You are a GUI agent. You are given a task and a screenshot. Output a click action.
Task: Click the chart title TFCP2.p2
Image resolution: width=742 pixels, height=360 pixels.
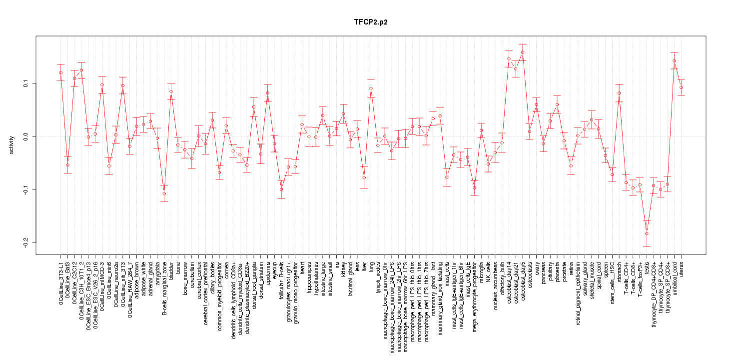(x=370, y=22)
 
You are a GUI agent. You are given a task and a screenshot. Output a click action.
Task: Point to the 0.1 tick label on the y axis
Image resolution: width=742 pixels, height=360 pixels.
(x=26, y=83)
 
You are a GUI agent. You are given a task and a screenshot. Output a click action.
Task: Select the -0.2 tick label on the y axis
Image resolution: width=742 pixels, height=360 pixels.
(x=26, y=242)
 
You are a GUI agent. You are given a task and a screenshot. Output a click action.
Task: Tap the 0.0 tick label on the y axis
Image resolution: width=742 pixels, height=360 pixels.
(x=26, y=136)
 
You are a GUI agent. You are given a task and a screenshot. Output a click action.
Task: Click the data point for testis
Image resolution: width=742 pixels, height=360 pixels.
(x=647, y=233)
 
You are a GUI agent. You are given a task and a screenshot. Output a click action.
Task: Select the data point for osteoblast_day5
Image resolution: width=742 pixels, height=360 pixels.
(x=523, y=52)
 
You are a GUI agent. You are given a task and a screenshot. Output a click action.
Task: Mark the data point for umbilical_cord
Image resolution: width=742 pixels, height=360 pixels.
(x=674, y=61)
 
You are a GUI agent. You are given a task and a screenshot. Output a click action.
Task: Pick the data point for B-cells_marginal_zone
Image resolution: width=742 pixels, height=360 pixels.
(x=164, y=193)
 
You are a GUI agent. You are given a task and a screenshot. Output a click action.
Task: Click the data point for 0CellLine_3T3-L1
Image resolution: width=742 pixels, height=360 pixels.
(x=60, y=72)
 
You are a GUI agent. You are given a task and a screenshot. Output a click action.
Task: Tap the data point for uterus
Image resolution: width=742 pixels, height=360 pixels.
(x=681, y=87)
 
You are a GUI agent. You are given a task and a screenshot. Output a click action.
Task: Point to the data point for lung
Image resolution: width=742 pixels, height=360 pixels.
(x=371, y=88)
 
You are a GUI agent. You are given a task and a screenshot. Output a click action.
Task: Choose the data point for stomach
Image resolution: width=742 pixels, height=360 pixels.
(x=619, y=93)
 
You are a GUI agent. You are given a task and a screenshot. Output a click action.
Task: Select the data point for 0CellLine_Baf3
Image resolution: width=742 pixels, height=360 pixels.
(x=67, y=165)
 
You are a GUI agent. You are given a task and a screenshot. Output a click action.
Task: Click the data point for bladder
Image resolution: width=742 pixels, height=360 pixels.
(x=171, y=91)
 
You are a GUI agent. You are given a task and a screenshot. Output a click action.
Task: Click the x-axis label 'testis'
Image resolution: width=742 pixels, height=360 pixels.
(x=647, y=267)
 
